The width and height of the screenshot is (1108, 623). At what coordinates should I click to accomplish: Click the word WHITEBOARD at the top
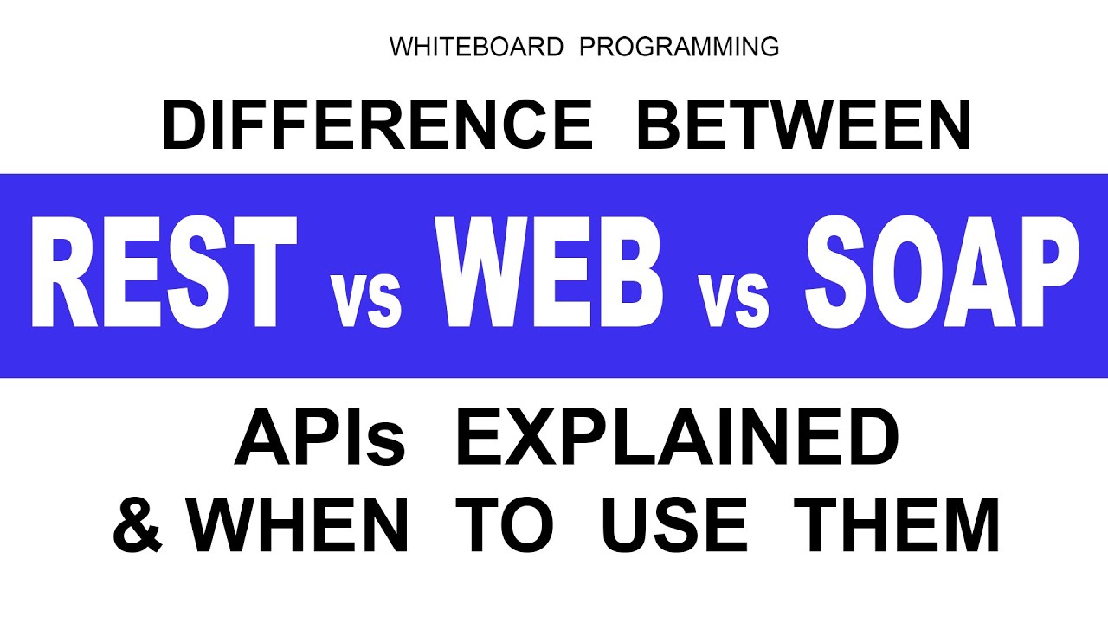(478, 47)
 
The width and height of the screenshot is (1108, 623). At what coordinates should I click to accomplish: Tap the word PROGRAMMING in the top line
(679, 47)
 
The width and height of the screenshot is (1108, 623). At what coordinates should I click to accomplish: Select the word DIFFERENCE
(377, 125)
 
